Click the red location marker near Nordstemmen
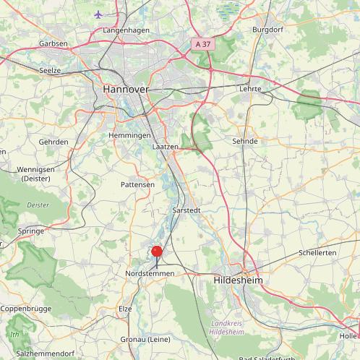point(156,252)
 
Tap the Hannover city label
point(126,88)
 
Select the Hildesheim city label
point(238,279)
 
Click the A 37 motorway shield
point(203,45)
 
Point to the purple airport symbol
point(99,14)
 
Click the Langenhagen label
point(126,30)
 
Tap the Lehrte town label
point(249,90)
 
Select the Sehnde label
point(244,141)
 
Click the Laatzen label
point(166,147)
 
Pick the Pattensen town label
point(137,185)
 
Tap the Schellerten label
point(317,253)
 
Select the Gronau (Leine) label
point(145,339)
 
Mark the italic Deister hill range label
point(38,205)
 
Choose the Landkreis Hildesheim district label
point(226,327)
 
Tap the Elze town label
point(126,309)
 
